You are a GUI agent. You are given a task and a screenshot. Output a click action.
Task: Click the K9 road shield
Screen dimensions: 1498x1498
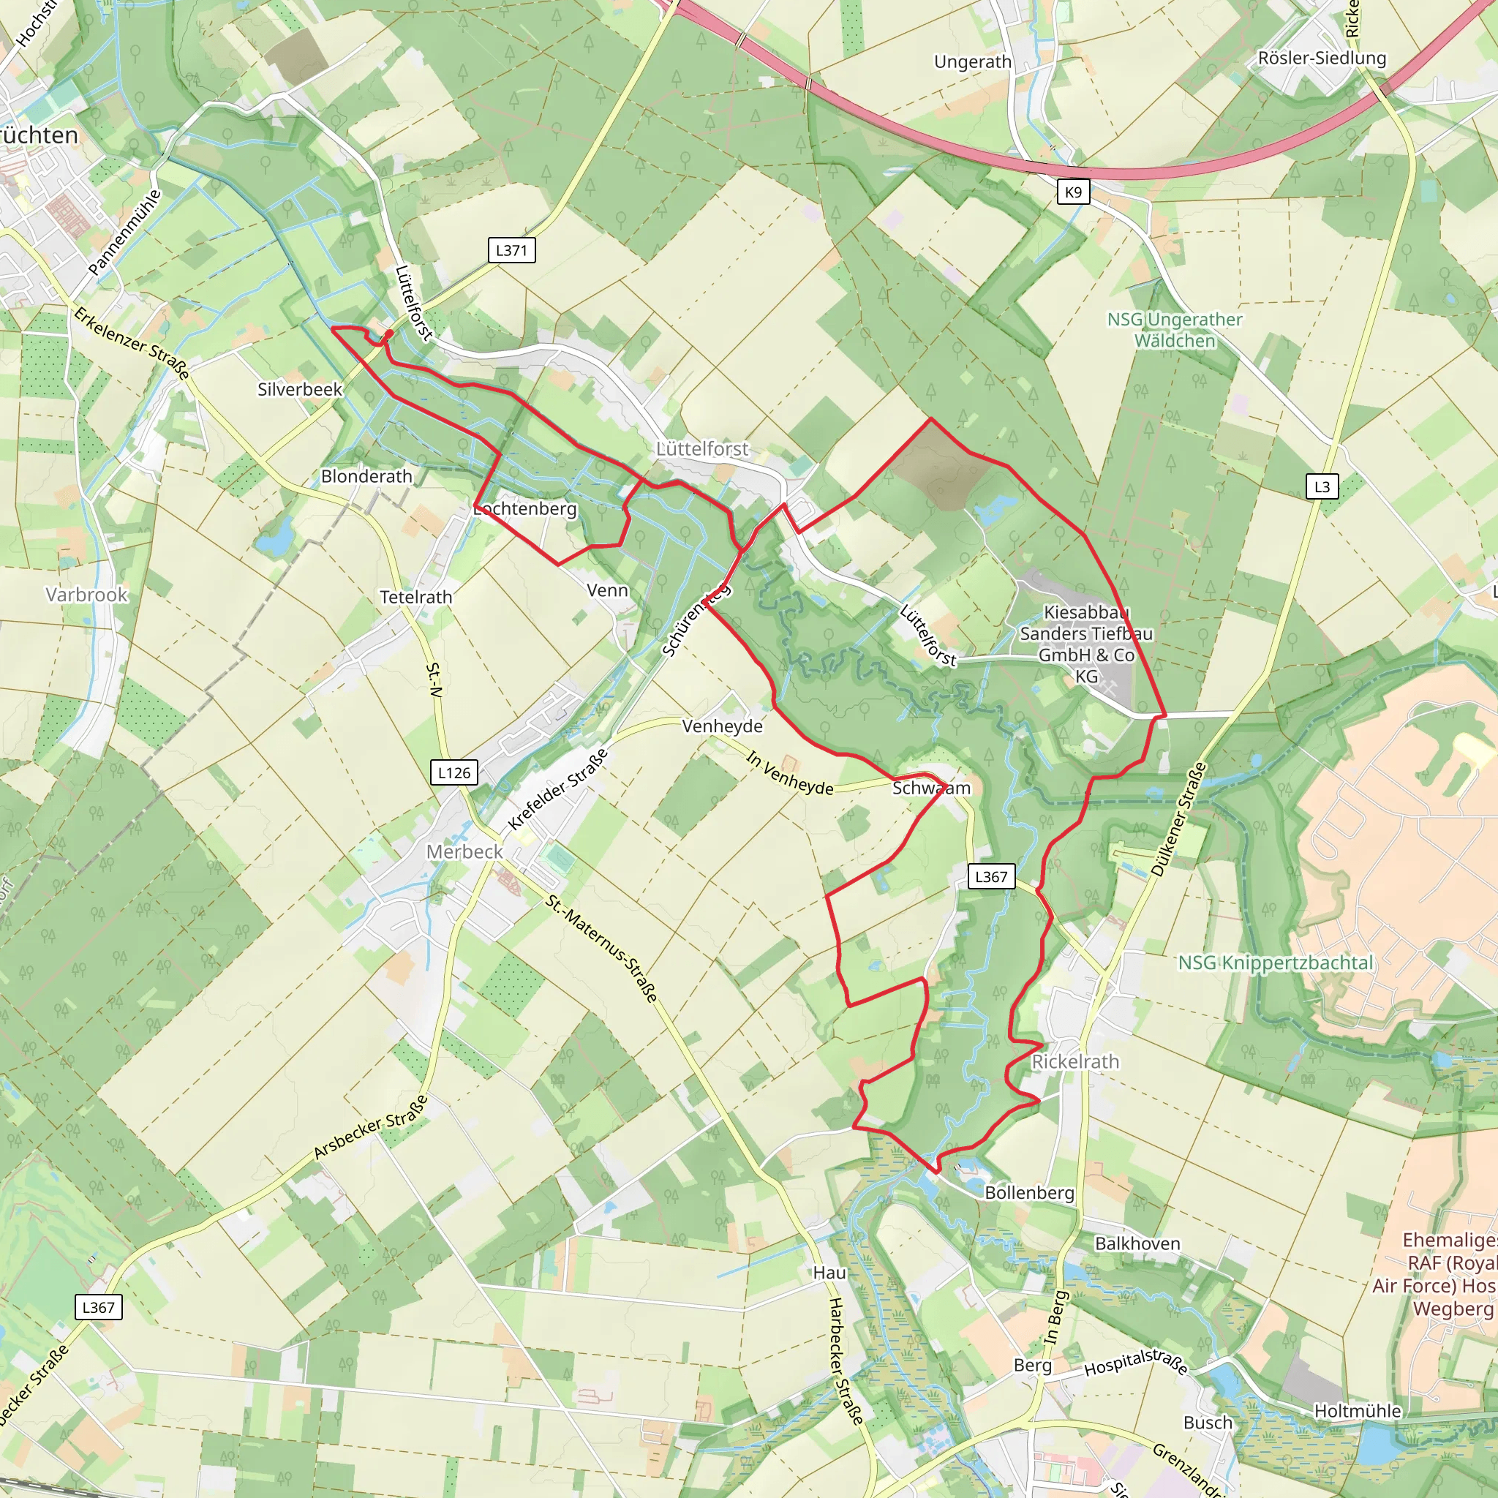(x=1073, y=192)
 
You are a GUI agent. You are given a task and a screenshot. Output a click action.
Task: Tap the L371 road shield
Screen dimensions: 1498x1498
(x=511, y=250)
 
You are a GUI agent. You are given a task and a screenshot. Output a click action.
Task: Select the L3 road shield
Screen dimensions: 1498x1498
(x=1322, y=487)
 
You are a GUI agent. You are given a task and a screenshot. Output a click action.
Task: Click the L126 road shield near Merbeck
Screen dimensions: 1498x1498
(x=453, y=772)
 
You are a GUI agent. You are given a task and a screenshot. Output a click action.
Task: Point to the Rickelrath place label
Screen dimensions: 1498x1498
(x=1074, y=1061)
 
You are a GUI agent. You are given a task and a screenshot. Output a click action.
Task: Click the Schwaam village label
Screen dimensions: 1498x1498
(x=930, y=788)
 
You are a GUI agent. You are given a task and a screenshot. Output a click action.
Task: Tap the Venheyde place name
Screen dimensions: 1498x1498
(x=722, y=726)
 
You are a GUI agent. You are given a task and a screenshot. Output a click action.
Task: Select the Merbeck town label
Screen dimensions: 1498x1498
(x=464, y=851)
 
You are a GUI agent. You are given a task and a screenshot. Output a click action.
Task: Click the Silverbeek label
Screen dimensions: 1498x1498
(x=299, y=389)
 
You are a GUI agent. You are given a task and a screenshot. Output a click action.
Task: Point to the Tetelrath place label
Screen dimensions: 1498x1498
(x=415, y=597)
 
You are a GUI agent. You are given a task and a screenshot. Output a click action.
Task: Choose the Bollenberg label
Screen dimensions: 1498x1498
(x=1029, y=1192)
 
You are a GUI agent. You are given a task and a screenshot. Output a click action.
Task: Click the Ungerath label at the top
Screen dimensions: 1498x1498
(x=972, y=62)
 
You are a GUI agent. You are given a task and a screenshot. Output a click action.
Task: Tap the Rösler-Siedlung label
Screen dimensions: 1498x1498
(x=1321, y=59)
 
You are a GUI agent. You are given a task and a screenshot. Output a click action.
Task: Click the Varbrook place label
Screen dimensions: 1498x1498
(x=86, y=595)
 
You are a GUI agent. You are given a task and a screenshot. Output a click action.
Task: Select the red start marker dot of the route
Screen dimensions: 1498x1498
(x=388, y=334)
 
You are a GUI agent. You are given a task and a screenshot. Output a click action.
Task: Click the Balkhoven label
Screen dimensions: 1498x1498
(x=1137, y=1243)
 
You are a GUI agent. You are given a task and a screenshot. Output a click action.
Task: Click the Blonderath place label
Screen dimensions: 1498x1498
(x=366, y=476)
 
